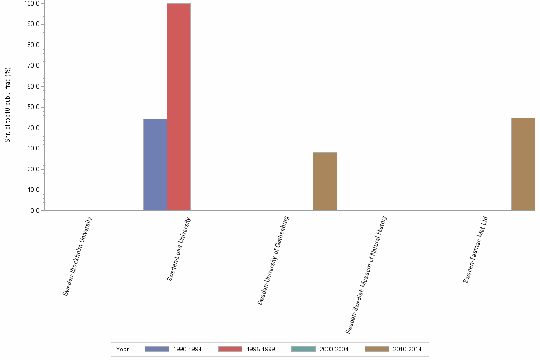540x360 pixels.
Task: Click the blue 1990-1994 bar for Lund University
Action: (155, 164)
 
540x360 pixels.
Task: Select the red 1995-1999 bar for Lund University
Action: (179, 107)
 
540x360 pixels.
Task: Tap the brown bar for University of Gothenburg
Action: (325, 181)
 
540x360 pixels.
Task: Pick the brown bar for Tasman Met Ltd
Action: (523, 164)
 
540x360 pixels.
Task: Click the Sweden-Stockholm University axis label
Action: (78, 256)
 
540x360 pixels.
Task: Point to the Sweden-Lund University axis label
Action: (179, 249)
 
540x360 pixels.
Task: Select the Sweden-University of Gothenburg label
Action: (273, 260)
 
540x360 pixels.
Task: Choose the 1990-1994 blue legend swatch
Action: (157, 349)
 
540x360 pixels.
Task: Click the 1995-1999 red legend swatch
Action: (230, 349)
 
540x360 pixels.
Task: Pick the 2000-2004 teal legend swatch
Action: (303, 349)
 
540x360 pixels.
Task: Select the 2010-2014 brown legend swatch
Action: (377, 349)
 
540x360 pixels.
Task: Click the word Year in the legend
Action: (122, 350)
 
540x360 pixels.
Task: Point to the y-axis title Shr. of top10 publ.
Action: (8, 105)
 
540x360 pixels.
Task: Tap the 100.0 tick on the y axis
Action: (32, 4)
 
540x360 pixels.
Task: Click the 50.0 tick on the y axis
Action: (33, 107)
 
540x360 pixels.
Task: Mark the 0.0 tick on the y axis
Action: (35, 210)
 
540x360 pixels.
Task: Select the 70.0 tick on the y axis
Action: (33, 66)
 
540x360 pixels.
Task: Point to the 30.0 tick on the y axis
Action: (33, 149)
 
